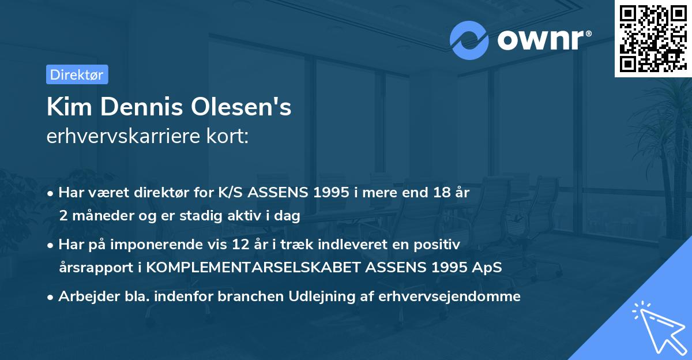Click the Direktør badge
click(77, 74)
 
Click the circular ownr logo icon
click(469, 40)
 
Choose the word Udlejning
click(325, 297)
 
